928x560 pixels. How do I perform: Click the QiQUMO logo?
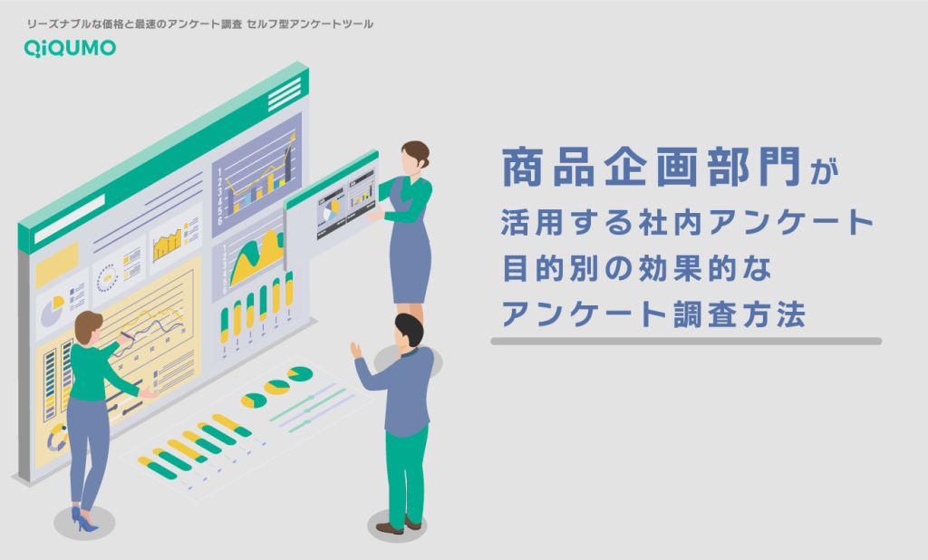click(x=70, y=48)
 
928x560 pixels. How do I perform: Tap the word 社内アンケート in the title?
click(x=757, y=223)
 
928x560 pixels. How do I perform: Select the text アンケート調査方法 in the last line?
click(x=653, y=314)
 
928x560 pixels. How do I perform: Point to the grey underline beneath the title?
click(x=686, y=341)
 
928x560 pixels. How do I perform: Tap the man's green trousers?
click(x=407, y=476)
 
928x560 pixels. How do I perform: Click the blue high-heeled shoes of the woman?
click(x=82, y=519)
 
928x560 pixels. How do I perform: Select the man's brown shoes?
click(x=400, y=525)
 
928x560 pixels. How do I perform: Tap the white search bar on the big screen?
click(x=70, y=217)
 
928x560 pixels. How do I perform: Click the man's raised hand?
click(x=355, y=351)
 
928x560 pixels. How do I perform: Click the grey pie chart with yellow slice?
click(x=52, y=310)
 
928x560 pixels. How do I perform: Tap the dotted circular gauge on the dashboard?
click(x=107, y=277)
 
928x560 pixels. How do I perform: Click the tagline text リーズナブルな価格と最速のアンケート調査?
click(x=134, y=24)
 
